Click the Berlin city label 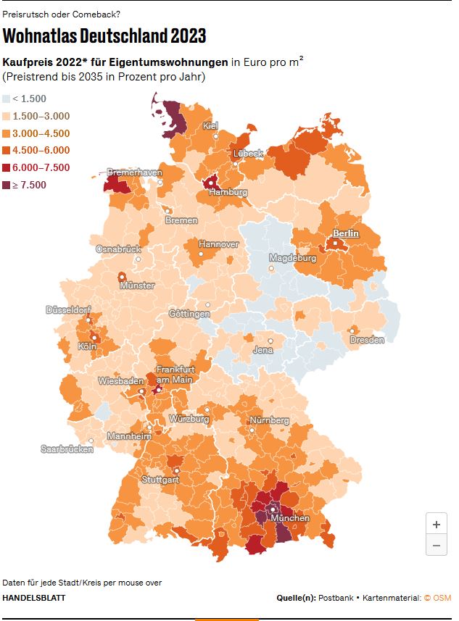346,234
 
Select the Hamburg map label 228,193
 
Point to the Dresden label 367,340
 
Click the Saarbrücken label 67,449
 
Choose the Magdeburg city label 292,258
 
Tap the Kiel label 211,126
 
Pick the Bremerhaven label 135,172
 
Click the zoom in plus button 436,524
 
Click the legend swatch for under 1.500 7,99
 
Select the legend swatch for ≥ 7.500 7,186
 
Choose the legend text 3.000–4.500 41,133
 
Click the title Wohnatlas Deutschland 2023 104,36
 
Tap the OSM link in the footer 442,598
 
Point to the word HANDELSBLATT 33,598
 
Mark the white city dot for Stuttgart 176,470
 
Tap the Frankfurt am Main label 175,375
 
